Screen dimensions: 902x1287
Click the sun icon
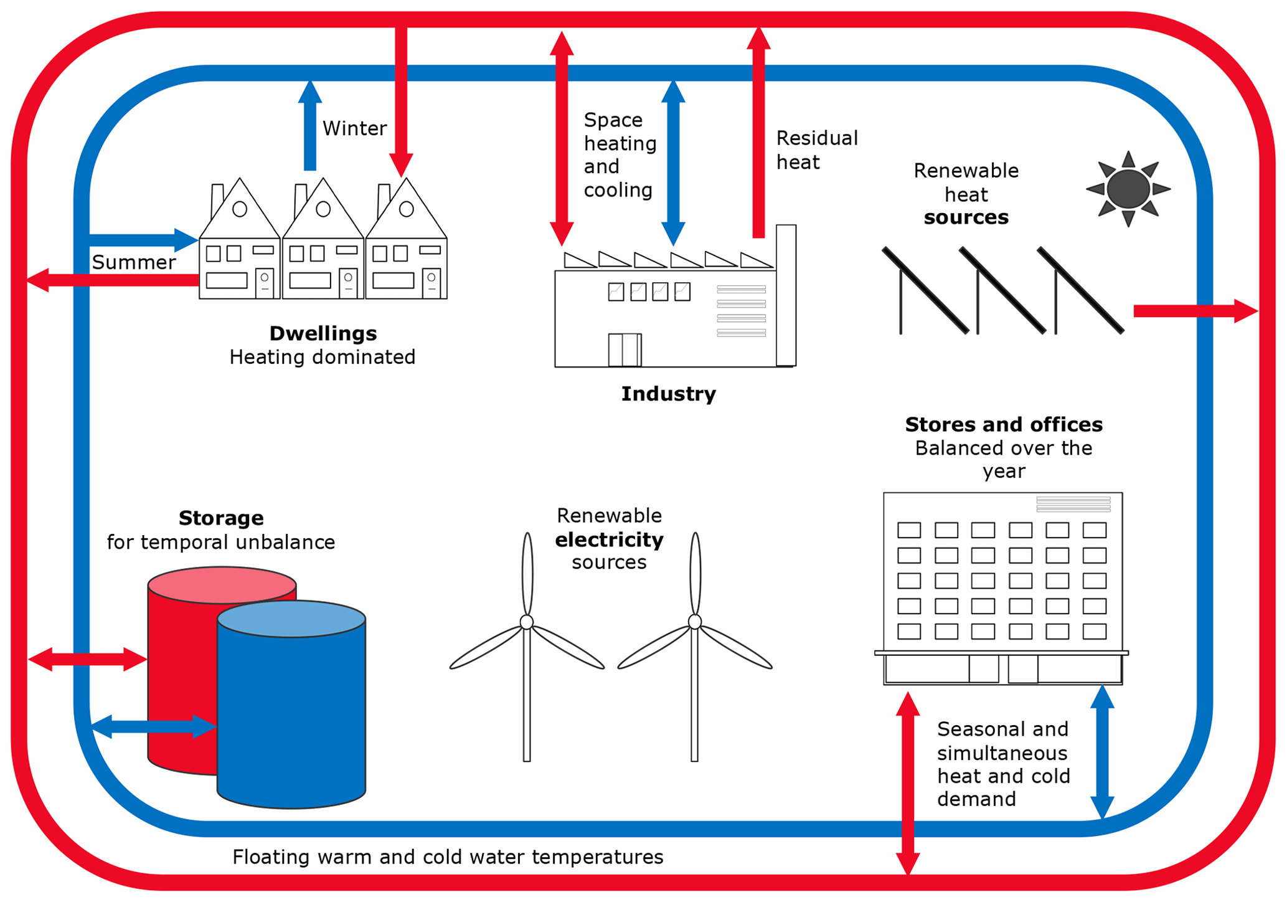coord(1128,189)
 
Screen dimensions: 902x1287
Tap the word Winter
coord(354,128)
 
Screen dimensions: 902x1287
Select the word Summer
coord(133,262)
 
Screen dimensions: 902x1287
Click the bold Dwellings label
coord(323,333)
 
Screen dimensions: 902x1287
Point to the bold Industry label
coord(668,394)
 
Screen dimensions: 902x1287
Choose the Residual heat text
coord(816,150)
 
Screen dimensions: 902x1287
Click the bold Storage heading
coord(220,518)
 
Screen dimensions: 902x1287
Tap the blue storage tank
coord(291,716)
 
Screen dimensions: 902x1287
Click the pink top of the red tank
coord(221,584)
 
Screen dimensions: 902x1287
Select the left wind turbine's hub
coord(527,622)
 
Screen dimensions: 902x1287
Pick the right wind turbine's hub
coord(695,622)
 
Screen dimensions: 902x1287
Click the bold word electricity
coord(609,539)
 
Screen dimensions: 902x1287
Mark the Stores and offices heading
coord(1003,424)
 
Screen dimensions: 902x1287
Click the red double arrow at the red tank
coord(88,659)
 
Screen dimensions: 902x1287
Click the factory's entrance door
coord(625,349)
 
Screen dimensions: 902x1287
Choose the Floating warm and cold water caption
coord(448,857)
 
